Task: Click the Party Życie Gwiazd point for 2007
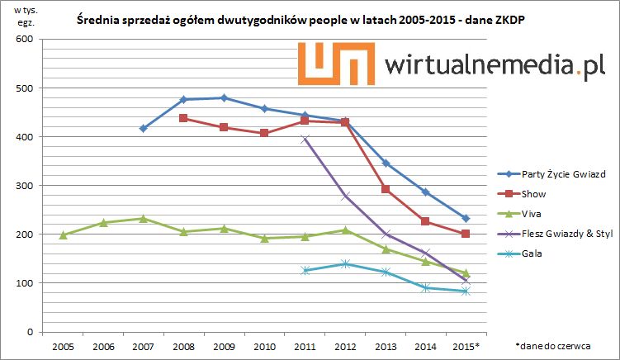pyautogui.click(x=143, y=128)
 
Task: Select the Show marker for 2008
pyautogui.click(x=183, y=118)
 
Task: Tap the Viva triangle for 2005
pyautogui.click(x=63, y=234)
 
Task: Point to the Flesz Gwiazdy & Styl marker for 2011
pyautogui.click(x=305, y=139)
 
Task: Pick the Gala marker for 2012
pyautogui.click(x=345, y=263)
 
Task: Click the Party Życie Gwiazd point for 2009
pyautogui.click(x=224, y=97)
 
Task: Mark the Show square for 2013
pyautogui.click(x=386, y=189)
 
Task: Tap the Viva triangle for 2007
pyautogui.click(x=143, y=219)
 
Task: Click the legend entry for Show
pyautogui.click(x=532, y=194)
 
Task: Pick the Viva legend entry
pyautogui.click(x=532, y=214)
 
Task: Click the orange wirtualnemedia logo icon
pyautogui.click(x=339, y=63)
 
